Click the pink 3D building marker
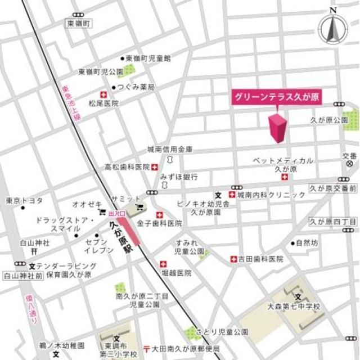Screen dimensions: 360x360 point(278,128)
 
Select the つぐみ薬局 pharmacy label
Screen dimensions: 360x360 point(136,87)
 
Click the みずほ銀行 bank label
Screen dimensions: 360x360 point(179,177)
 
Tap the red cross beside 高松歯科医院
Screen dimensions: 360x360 point(154,167)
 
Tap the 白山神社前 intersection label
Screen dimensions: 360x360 point(23,276)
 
